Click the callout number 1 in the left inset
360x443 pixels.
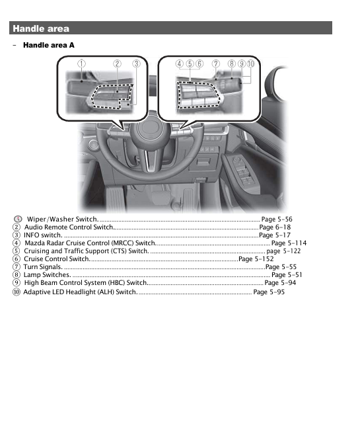click(81, 63)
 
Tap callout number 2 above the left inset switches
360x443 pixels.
click(117, 63)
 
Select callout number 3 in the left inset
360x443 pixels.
click(136, 63)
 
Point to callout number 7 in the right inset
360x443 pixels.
click(215, 63)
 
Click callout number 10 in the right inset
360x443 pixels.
click(251, 63)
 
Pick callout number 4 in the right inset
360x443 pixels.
click(180, 63)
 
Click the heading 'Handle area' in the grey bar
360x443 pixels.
click(41, 28)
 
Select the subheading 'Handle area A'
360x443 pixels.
click(49, 45)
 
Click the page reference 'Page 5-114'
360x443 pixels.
click(289, 243)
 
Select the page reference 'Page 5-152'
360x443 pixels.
click(256, 259)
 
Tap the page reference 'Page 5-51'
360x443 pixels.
click(287, 275)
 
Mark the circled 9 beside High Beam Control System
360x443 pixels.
click(16, 283)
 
